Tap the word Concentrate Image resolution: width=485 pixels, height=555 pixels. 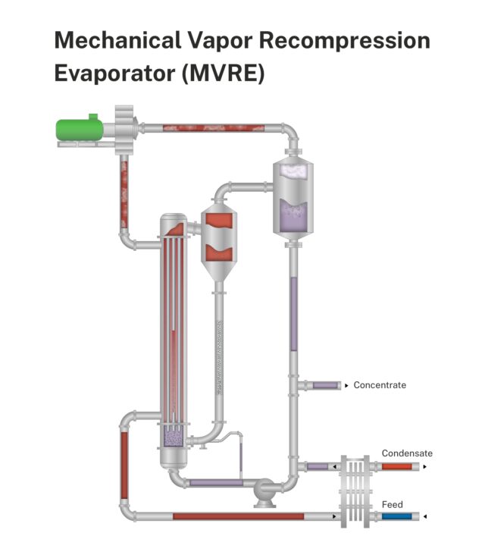[x=380, y=385]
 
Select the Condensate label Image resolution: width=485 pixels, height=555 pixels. [x=407, y=453]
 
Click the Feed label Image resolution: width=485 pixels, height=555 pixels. [x=393, y=504]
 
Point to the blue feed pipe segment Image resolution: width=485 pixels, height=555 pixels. [x=396, y=516]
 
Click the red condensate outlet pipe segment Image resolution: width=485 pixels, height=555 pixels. [x=396, y=466]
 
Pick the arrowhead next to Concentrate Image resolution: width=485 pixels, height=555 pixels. [x=346, y=385]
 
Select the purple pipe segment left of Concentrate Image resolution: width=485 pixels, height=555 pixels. [x=324, y=385]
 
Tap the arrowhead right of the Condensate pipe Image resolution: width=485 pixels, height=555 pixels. [x=424, y=466]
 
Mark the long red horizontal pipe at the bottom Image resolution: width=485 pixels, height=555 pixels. [x=239, y=516]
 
